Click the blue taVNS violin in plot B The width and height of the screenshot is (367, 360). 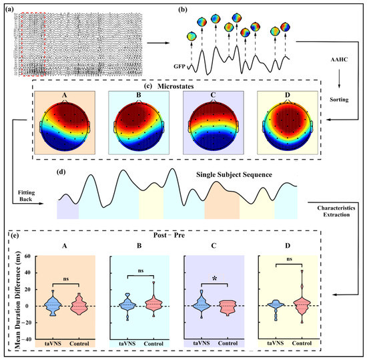click(125, 305)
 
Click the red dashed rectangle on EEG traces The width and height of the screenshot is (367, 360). click(32, 45)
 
